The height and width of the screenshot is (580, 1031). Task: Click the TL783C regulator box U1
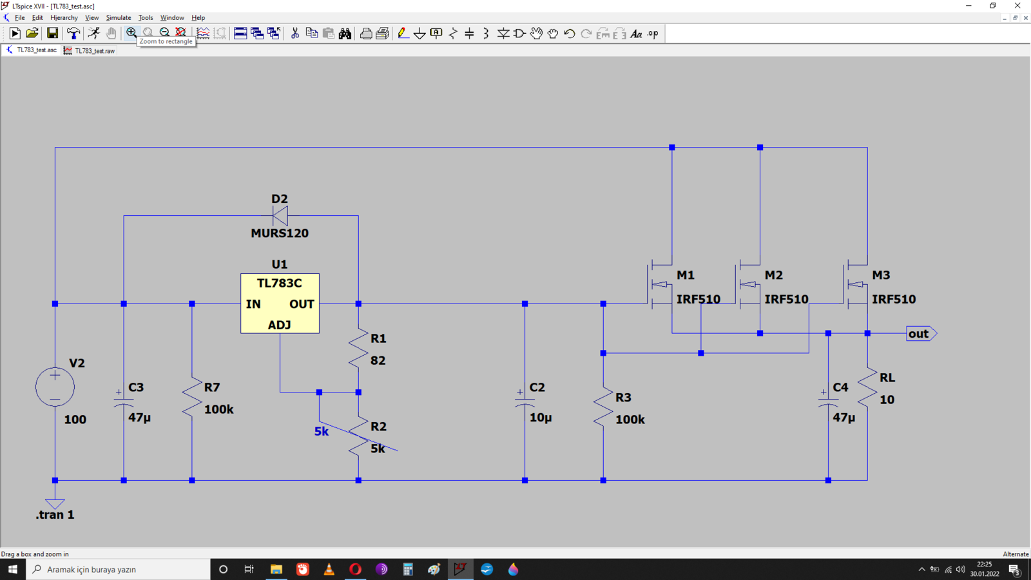[280, 304]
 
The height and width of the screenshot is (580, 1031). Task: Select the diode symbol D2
[280, 215]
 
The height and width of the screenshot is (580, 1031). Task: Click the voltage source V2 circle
[55, 387]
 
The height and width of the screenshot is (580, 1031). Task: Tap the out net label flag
[921, 333]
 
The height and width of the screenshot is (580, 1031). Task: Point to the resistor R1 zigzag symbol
[358, 348]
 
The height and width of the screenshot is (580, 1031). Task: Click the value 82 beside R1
[378, 360]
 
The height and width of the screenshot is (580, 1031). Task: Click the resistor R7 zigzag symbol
[192, 397]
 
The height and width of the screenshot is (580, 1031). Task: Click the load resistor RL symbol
[867, 387]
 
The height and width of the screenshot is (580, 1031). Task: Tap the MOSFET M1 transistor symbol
[660, 285]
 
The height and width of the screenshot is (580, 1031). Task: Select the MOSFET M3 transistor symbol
[856, 285]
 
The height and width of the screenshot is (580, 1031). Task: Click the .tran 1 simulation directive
[55, 515]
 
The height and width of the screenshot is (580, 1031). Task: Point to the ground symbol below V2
[55, 503]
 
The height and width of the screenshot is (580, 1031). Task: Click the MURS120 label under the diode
[280, 233]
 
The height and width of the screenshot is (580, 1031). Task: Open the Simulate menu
[119, 17]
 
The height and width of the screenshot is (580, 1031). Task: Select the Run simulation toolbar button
[15, 33]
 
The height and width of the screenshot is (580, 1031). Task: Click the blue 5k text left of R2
[322, 432]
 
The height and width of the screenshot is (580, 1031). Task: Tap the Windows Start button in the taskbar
[12, 570]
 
